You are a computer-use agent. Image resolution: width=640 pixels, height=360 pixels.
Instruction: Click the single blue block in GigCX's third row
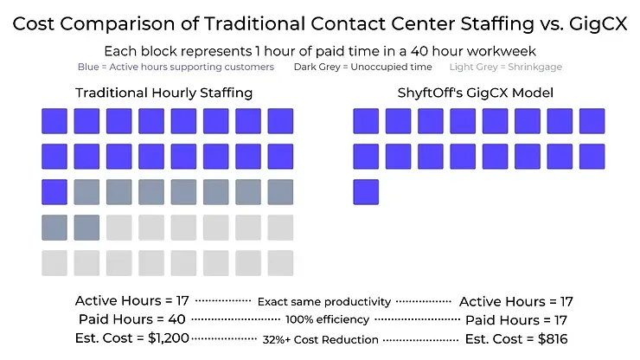(366, 191)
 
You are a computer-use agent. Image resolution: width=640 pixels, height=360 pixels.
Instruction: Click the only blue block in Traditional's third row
(54, 191)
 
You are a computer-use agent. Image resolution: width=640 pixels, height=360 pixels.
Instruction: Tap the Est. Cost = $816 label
(515, 338)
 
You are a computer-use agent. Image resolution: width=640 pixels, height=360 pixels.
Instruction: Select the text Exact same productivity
(324, 302)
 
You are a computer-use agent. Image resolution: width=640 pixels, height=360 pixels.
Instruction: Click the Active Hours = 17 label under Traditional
(132, 301)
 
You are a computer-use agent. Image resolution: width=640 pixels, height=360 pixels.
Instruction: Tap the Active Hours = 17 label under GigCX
(516, 301)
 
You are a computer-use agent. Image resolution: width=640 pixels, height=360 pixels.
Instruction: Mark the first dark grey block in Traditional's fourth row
(54, 227)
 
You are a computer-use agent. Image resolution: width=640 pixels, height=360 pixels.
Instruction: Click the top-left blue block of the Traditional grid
(54, 120)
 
